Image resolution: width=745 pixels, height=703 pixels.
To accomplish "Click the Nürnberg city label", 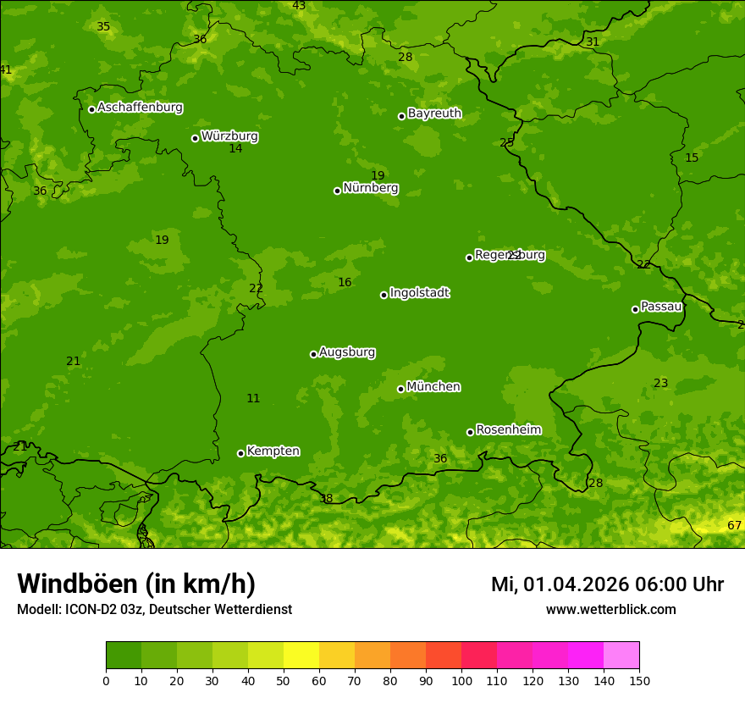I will (371, 188).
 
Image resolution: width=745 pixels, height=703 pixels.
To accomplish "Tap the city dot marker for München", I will (400, 389).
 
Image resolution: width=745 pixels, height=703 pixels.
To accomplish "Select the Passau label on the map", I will (661, 307).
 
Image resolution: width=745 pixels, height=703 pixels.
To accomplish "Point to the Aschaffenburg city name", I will (140, 108).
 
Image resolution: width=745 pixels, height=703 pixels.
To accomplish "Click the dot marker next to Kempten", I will (240, 453).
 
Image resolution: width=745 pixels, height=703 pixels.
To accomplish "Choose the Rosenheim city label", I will (508, 430).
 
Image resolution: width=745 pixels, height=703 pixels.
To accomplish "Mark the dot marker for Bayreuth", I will (401, 116).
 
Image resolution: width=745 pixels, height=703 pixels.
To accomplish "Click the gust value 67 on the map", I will (734, 526).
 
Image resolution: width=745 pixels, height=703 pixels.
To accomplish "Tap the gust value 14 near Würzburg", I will (235, 149).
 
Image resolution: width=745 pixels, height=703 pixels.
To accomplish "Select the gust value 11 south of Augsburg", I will (253, 399).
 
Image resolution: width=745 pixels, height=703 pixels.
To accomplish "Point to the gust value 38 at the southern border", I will (326, 499).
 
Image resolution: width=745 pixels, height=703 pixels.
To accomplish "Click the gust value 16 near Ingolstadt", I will (345, 283).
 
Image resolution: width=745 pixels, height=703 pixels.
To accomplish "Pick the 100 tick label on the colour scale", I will (461, 680).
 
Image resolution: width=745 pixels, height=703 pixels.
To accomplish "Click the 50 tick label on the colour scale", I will (284, 680).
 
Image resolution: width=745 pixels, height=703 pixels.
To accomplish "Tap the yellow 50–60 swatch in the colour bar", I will (301, 656).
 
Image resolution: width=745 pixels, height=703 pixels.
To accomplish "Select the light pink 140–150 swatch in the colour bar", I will (621, 656).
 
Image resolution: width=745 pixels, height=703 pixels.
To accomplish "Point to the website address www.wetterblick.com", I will (610, 610).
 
